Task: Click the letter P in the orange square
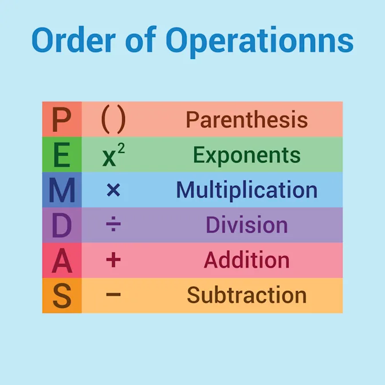pos(62,120)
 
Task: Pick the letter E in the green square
pos(62,155)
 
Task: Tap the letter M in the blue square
pos(62,190)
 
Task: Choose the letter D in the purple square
pos(62,225)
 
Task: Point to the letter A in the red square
pos(62,261)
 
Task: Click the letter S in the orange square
pos(62,296)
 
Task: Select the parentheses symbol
pos(113,120)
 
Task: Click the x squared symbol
pos(113,155)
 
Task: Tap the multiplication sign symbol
pos(113,190)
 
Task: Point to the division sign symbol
pos(113,225)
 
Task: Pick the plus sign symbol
pos(113,261)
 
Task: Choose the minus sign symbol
pos(113,296)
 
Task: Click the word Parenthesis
pos(247,120)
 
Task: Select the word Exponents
pos(246,155)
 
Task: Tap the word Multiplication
pos(246,190)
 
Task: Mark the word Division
pos(246,225)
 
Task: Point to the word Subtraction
pos(246,296)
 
